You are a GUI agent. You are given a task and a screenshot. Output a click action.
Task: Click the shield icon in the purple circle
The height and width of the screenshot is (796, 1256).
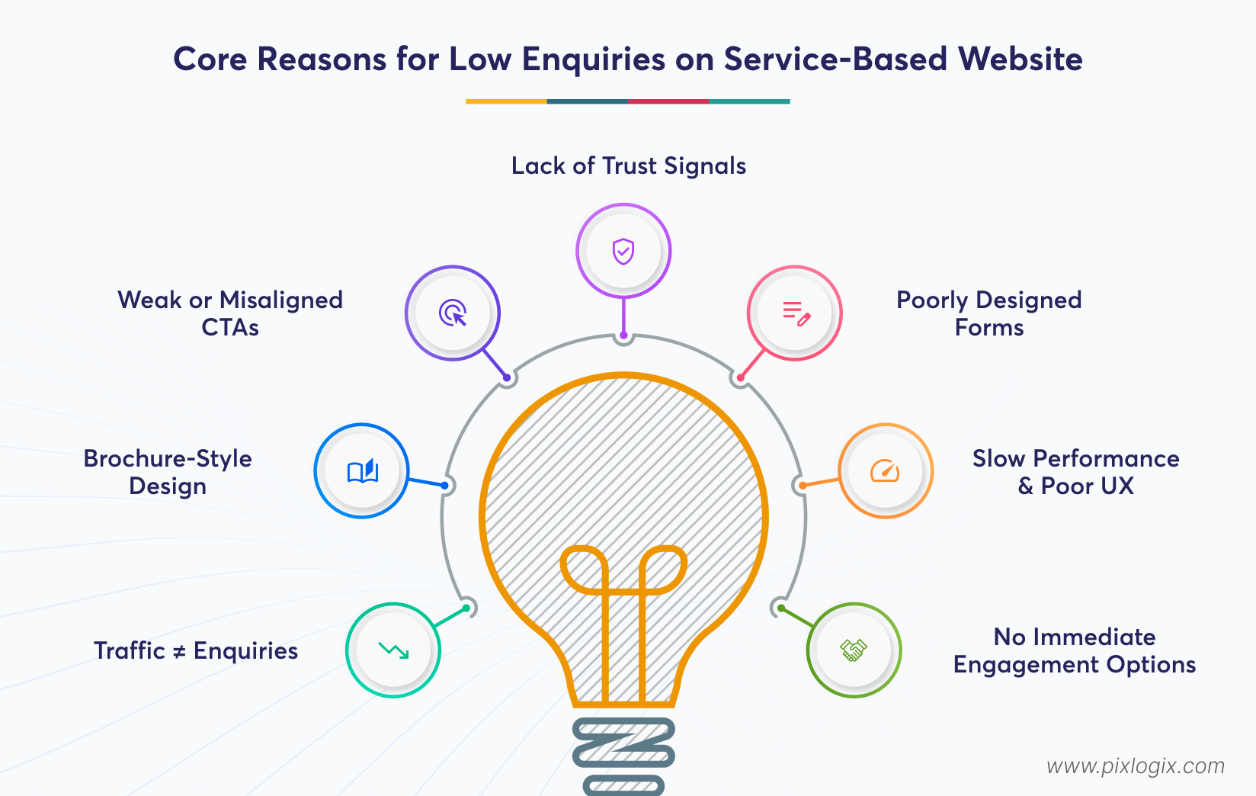[623, 251]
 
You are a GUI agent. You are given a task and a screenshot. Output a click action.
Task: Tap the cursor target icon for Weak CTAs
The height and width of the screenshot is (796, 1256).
[453, 313]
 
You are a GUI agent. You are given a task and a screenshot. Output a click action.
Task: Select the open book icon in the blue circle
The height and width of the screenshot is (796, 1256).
[362, 471]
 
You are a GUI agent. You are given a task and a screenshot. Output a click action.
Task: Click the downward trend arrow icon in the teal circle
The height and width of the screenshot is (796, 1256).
[393, 650]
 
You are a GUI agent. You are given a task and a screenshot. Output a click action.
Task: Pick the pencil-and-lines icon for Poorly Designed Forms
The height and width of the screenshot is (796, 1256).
[796, 313]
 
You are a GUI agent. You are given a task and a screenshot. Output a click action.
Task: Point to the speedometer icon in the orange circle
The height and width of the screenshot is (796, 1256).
[885, 471]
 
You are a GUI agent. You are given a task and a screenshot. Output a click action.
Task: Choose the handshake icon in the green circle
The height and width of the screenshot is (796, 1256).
[854, 650]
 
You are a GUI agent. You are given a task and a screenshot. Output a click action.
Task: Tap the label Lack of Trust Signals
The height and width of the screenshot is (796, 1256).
[628, 165]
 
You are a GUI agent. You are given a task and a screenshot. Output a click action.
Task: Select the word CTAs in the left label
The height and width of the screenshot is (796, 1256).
[229, 328]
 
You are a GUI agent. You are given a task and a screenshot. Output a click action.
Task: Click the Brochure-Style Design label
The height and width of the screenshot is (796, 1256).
[168, 472]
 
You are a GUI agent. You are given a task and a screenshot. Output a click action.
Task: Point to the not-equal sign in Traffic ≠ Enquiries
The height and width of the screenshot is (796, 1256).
[179, 652]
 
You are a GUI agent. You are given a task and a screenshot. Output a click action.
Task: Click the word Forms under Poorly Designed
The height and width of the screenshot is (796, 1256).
[988, 328]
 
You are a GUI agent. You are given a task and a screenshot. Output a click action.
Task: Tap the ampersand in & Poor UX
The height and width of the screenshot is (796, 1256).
[1026, 486]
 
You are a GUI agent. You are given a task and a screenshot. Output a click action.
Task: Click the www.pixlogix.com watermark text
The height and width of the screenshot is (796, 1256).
[1135, 766]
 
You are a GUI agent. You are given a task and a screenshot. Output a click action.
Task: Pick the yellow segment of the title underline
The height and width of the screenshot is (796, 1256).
[506, 101]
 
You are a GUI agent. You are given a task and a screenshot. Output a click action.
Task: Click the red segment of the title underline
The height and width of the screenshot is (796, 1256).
[668, 101]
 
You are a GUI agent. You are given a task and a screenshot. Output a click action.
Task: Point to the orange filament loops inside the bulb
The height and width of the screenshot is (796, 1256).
[623, 572]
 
